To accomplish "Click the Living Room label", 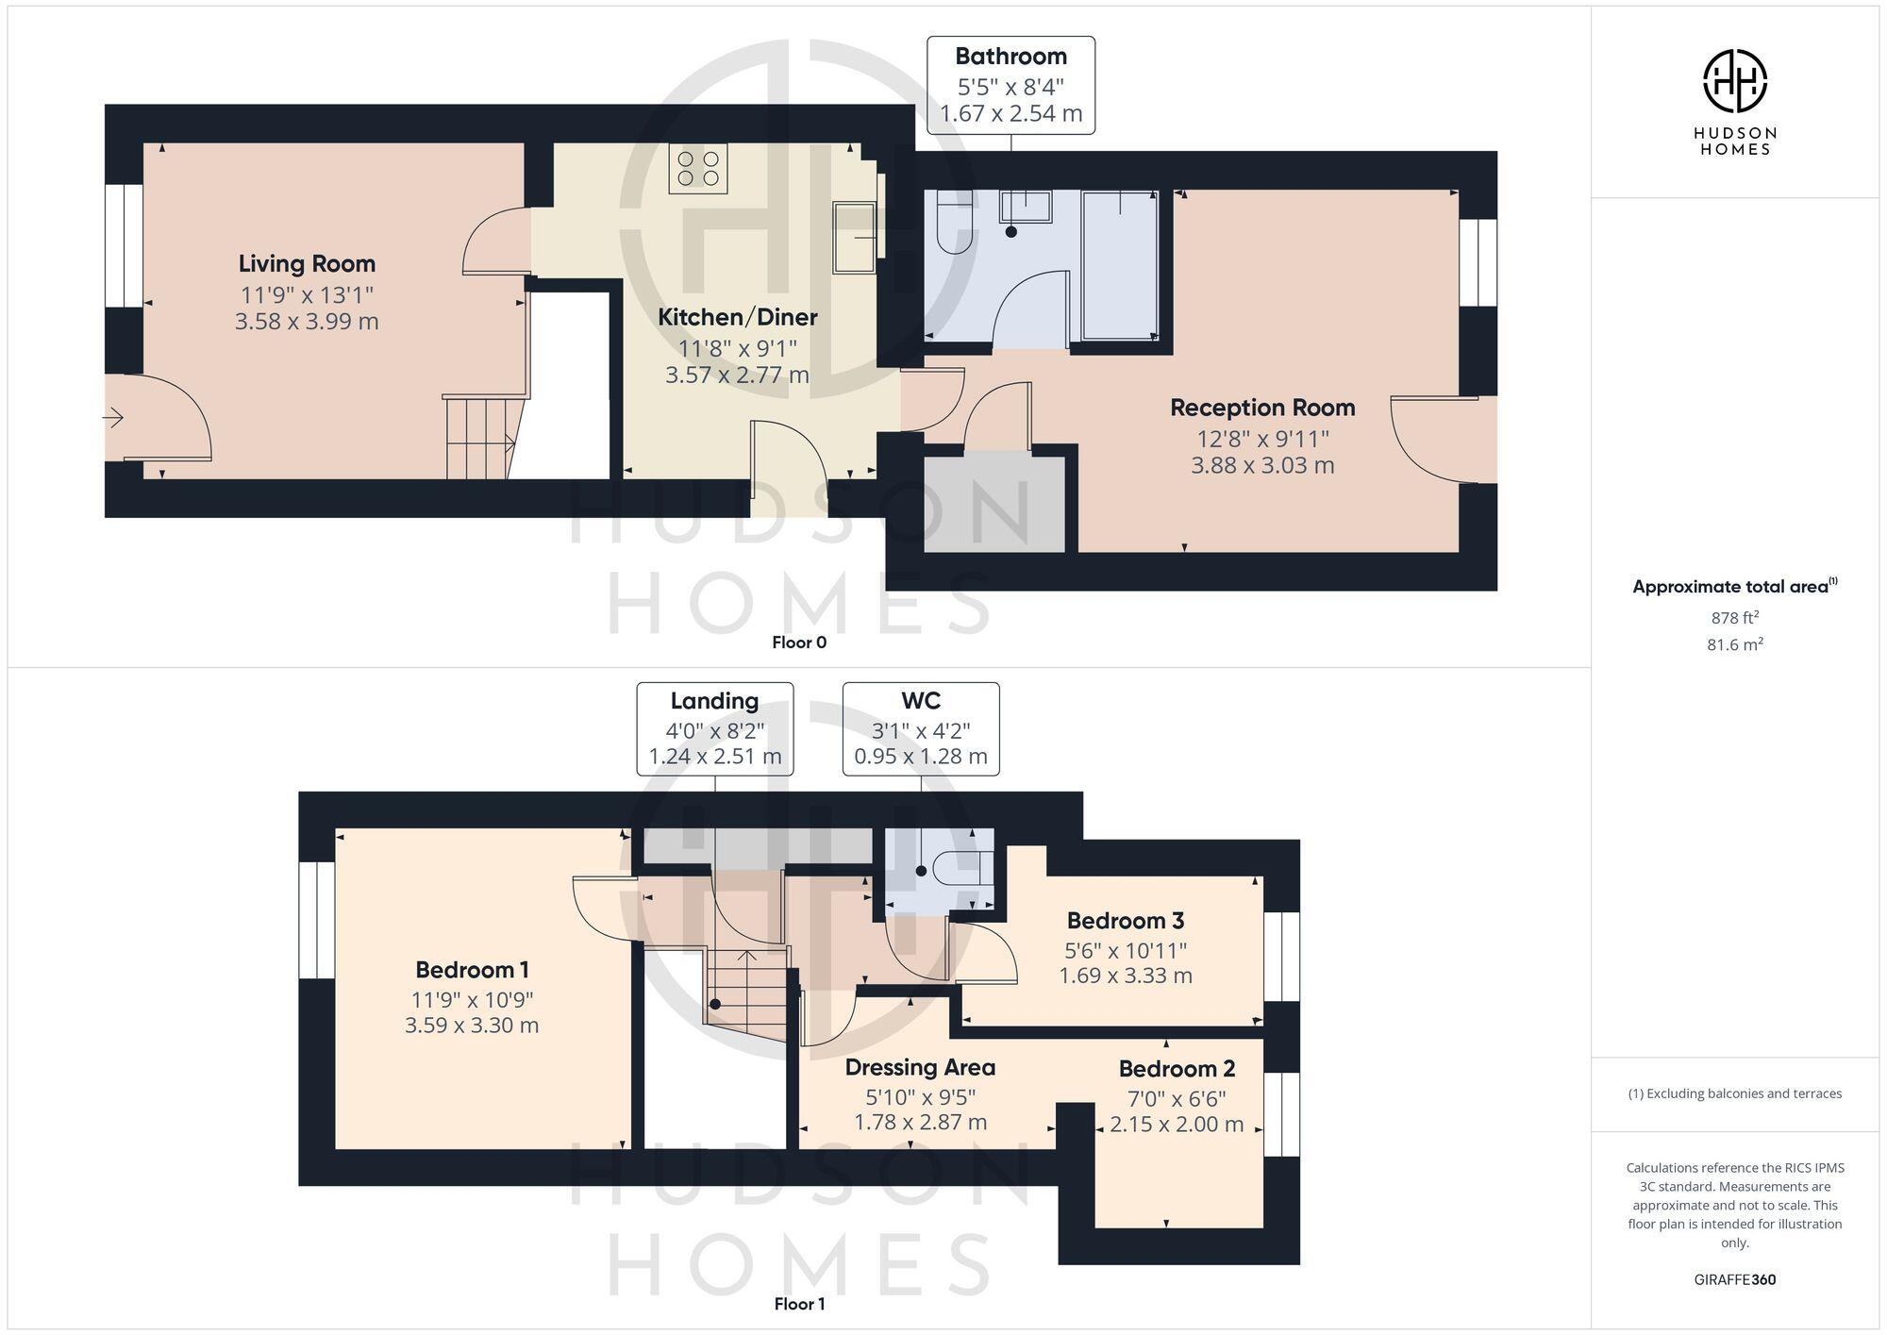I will pyautogui.click(x=307, y=264).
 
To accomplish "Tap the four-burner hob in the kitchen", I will pyautogui.click(x=698, y=169).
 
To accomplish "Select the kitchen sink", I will pyautogui.click(x=854, y=238).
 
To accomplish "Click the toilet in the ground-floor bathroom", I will pyautogui.click(x=954, y=223).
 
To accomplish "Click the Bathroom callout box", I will pyautogui.click(x=1010, y=85).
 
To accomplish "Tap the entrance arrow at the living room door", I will pyautogui.click(x=113, y=417).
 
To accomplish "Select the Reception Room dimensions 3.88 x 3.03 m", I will pyautogui.click(x=1262, y=465).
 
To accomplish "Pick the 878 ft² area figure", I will pyautogui.click(x=1734, y=618).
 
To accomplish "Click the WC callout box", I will pyautogui.click(x=920, y=728).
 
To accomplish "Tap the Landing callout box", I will pyautogui.click(x=714, y=728).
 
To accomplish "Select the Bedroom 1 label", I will pyautogui.click(x=472, y=970).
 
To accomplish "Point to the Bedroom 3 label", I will pyautogui.click(x=1125, y=921).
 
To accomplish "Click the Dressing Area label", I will pyautogui.click(x=920, y=1068).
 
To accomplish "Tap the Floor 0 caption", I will pyautogui.click(x=799, y=642).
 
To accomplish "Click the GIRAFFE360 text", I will pyautogui.click(x=1734, y=1280).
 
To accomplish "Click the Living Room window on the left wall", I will pyautogui.click(x=124, y=245).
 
